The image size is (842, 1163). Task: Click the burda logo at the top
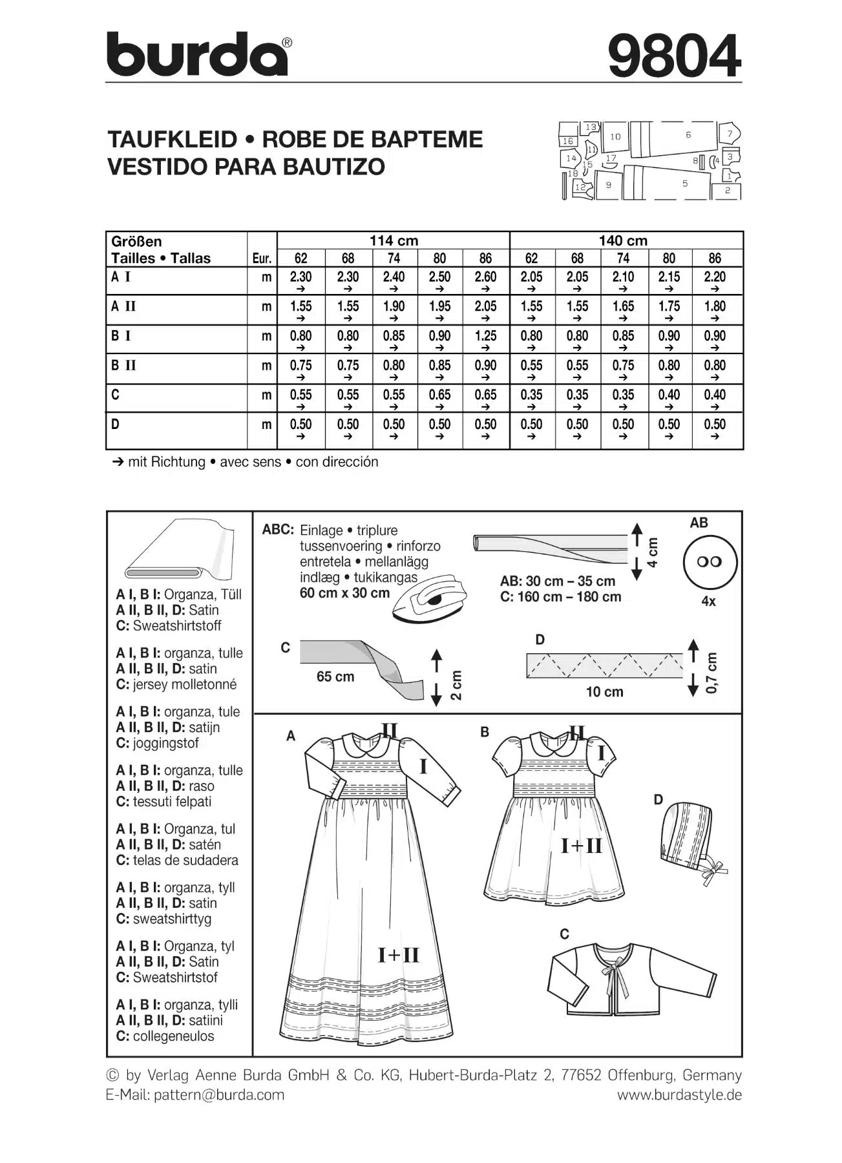pos(197,55)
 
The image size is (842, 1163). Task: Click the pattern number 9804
pos(674,56)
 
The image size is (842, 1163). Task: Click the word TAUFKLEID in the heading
pos(172,140)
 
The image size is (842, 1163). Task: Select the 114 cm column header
pos(393,240)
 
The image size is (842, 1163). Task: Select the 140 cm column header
pos(622,240)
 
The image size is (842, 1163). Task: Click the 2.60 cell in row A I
pos(485,277)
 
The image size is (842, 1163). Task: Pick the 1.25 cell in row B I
pos(485,336)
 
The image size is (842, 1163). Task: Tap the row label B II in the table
pos(123,366)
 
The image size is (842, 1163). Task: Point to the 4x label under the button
pos(708,602)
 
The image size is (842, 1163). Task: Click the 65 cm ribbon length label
pos(335,677)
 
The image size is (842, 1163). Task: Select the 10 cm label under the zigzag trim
pos(604,692)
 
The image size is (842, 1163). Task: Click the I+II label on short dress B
pos(581,845)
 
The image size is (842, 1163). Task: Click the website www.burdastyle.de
pos(679,1095)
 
